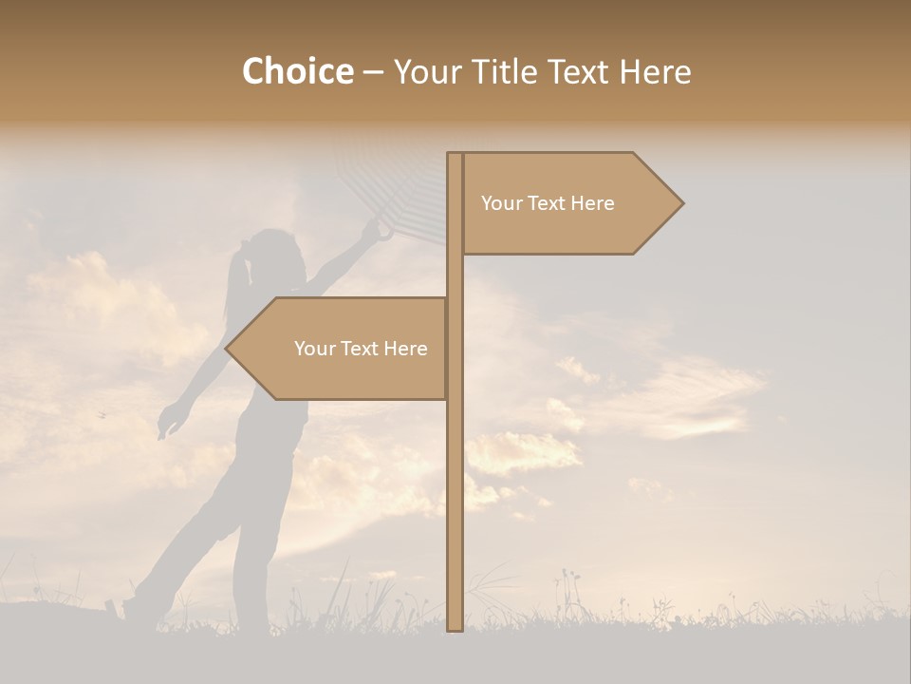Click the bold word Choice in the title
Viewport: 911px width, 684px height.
coord(297,72)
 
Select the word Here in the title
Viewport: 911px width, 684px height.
coord(656,72)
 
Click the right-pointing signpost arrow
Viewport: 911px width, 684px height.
coord(569,203)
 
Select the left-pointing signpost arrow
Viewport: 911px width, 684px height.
coord(342,349)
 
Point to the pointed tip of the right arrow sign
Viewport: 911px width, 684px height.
coord(680,203)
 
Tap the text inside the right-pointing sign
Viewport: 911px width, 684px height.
coord(548,203)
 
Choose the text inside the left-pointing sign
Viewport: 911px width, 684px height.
coord(361,349)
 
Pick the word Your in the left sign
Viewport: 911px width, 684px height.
coord(313,349)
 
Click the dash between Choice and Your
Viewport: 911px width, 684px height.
coord(373,73)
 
